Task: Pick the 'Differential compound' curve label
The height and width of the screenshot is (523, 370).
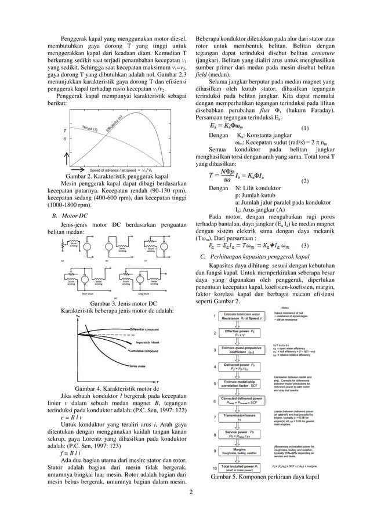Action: (x=144, y=329)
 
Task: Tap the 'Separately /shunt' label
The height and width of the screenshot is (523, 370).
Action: (x=151, y=342)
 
